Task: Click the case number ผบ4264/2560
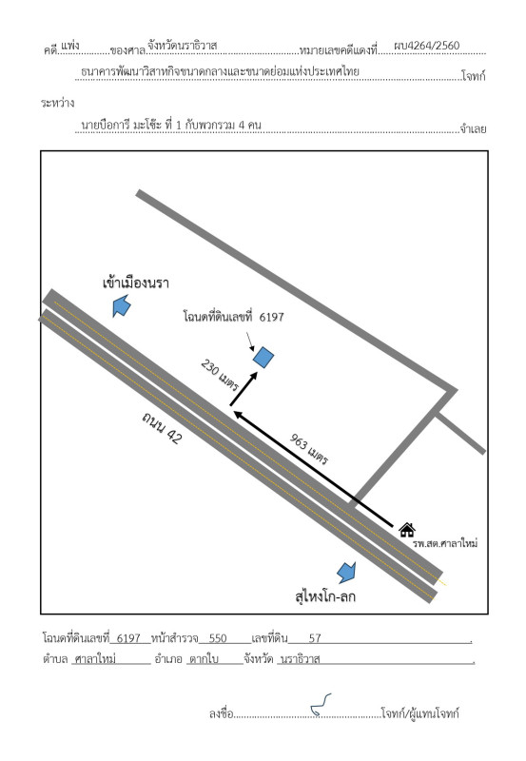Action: (x=426, y=46)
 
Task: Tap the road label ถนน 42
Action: (x=162, y=427)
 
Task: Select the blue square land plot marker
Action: (x=263, y=358)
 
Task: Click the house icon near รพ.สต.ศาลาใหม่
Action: (x=407, y=530)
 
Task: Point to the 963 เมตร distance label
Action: (x=309, y=449)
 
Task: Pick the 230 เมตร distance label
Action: (x=220, y=375)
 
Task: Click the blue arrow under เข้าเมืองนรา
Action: (x=122, y=306)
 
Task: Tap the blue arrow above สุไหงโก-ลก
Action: (x=346, y=573)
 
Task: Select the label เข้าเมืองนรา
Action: (x=136, y=283)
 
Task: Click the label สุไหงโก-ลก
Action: (x=325, y=596)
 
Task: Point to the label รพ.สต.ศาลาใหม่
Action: (x=445, y=543)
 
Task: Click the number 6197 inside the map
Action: (x=272, y=317)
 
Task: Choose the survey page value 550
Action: (x=218, y=638)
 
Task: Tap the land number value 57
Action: (x=315, y=638)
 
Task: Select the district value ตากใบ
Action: (x=204, y=659)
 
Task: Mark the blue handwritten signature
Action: (x=321, y=705)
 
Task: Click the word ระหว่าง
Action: (x=58, y=103)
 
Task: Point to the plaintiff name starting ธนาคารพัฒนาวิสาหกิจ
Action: (x=220, y=72)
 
